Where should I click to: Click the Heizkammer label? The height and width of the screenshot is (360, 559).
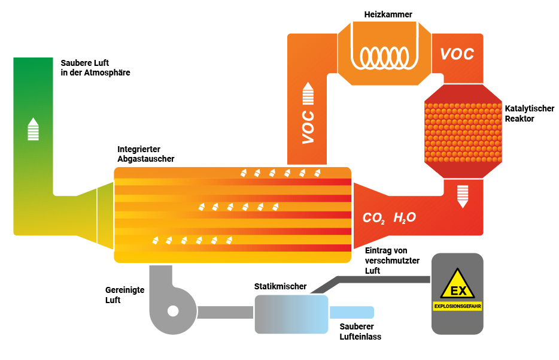pos(388,14)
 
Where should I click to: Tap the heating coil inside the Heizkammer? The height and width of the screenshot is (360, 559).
pos(384,57)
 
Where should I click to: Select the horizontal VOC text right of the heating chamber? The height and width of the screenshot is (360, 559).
pos(457,54)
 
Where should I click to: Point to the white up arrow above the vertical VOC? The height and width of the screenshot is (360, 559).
pos(308,93)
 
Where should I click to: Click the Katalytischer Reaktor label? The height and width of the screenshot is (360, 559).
pos(529,113)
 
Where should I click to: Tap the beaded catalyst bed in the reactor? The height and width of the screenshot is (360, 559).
pos(463,132)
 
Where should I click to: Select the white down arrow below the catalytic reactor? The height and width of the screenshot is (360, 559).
pos(463,196)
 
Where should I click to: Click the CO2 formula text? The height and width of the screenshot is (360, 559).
pos(373,217)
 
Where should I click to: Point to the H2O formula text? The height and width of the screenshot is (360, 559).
pos(405,217)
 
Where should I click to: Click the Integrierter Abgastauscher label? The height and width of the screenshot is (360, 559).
pos(146,154)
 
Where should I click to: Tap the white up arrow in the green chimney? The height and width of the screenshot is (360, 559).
pos(33,129)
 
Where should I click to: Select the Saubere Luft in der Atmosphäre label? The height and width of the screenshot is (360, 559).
pos(95,68)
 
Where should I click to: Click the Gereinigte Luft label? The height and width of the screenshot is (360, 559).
pos(124,295)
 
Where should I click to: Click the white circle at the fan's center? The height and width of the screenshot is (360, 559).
pos(173,311)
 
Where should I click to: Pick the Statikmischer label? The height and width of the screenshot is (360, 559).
pos(280,286)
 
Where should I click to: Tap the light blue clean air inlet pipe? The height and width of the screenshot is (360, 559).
pos(351,312)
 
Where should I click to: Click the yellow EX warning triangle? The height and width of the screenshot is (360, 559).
pos(457,284)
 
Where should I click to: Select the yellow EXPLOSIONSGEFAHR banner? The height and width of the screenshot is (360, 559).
pos(457,306)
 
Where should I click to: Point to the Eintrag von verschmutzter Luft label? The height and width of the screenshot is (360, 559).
pos(392,261)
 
